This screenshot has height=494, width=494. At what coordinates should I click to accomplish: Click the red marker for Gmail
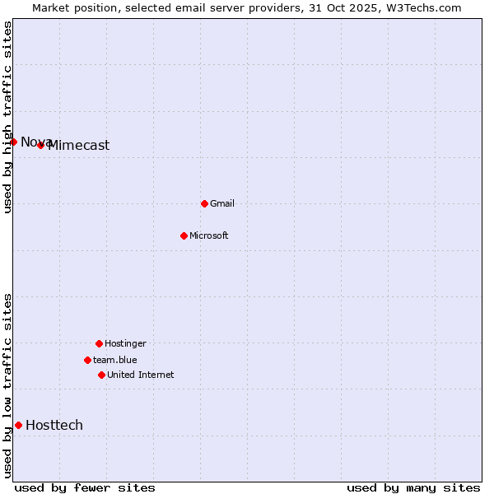[204, 203]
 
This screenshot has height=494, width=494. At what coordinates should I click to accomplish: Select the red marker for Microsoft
[184, 235]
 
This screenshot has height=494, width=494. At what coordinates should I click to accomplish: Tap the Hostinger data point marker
[99, 343]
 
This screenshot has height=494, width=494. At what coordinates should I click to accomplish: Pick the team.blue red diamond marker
[87, 360]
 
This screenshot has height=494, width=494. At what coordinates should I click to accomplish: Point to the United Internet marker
[101, 375]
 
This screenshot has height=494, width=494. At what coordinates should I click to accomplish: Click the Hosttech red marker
[18, 425]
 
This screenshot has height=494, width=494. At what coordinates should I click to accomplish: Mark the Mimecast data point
[40, 145]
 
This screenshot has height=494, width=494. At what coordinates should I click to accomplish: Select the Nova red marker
[13, 142]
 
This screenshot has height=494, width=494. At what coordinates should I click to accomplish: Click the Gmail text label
[222, 203]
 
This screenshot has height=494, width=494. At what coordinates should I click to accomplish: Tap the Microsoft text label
[209, 235]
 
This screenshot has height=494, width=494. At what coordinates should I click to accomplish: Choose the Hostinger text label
[125, 343]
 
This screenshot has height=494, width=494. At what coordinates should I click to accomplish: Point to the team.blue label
[115, 360]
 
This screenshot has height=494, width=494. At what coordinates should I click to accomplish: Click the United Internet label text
[141, 375]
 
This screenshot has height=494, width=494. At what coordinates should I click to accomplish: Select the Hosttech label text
[54, 425]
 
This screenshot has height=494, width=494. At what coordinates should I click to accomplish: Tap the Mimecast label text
[79, 146]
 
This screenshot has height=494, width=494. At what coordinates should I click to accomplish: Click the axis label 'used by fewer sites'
[85, 487]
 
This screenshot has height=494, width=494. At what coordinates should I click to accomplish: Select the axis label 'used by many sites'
[413, 487]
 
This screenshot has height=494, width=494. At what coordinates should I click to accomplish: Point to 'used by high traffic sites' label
[7, 117]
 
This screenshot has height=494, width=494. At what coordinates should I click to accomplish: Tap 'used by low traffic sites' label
[7, 384]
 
